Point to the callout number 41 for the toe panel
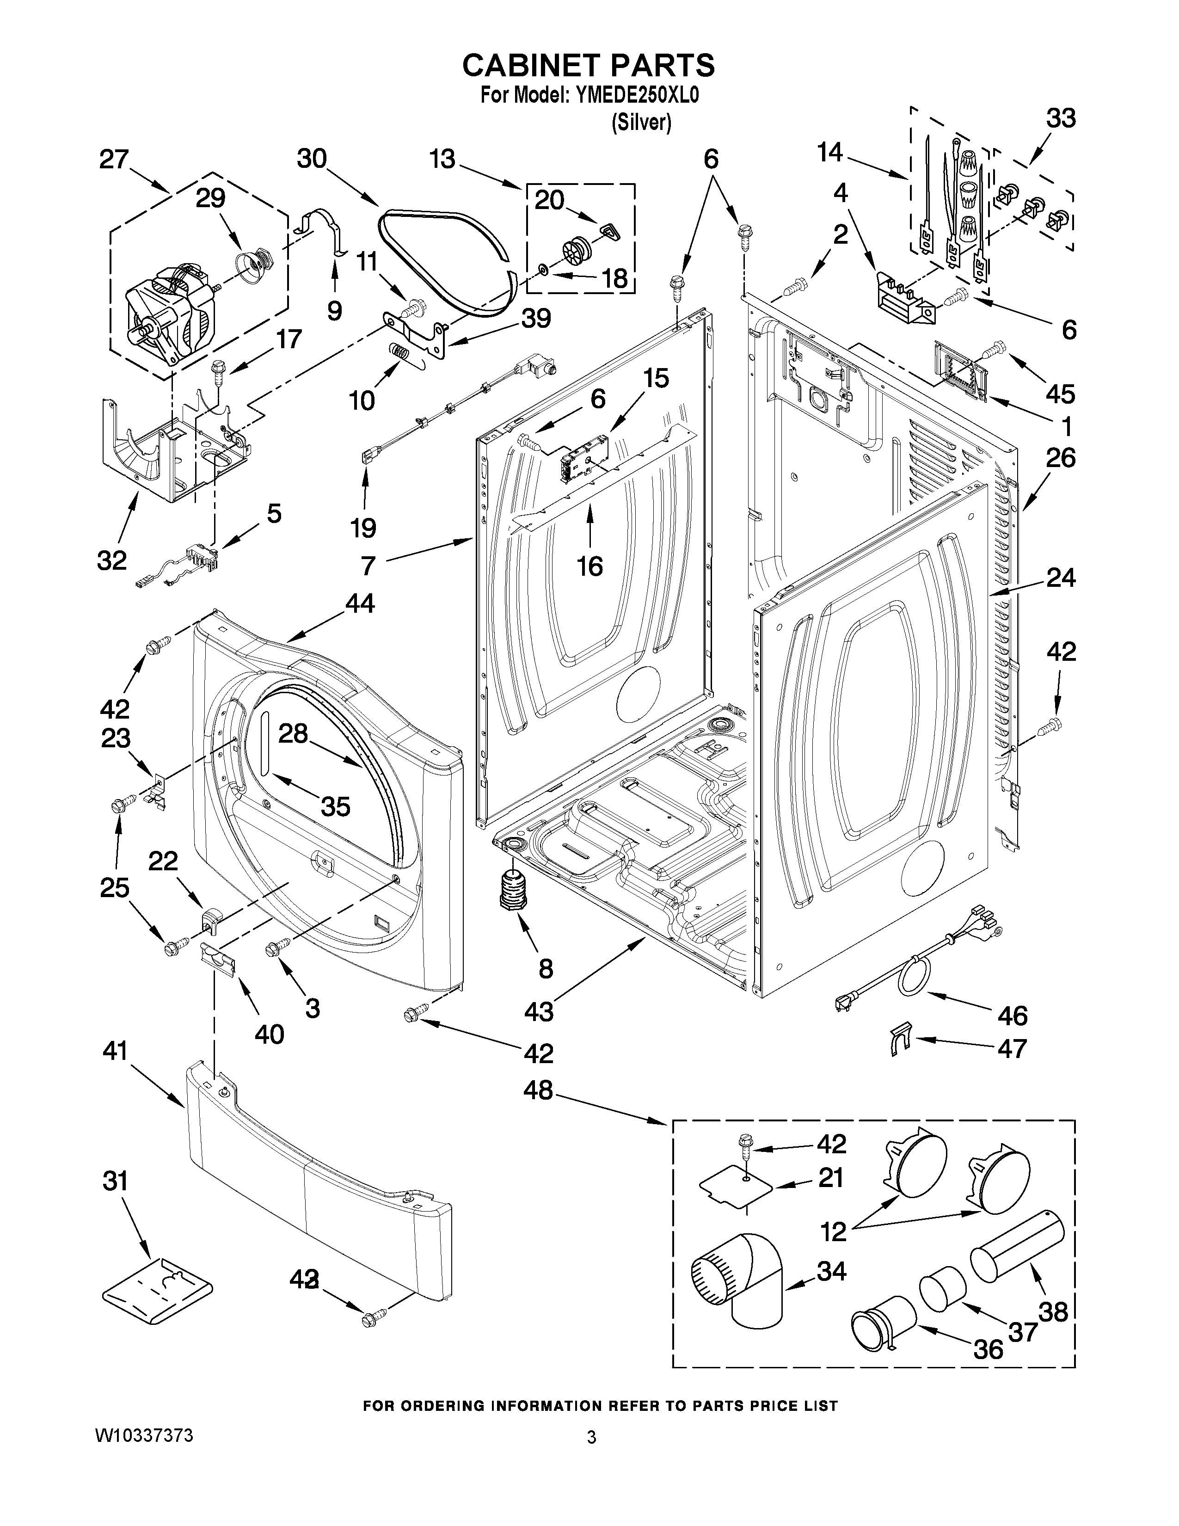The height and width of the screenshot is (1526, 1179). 115,1050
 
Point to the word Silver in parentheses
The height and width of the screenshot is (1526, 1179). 641,123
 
